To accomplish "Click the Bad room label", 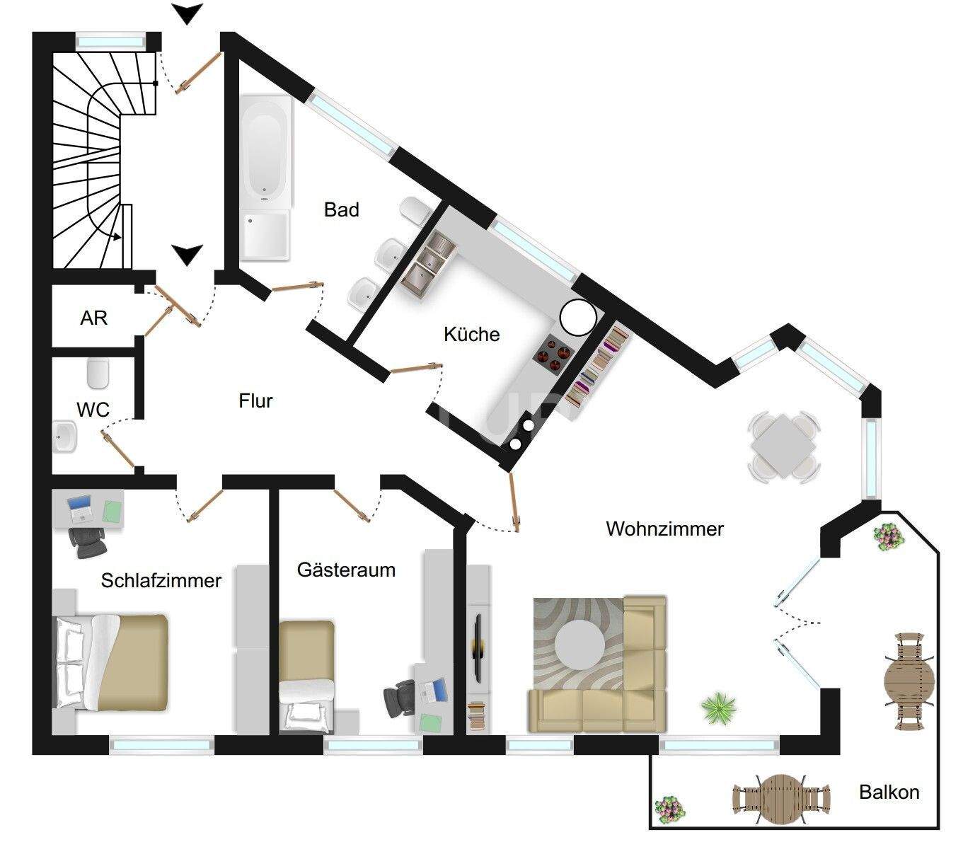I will click(x=342, y=210).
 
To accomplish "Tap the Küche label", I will click(x=471, y=334).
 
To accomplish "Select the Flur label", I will click(x=255, y=401).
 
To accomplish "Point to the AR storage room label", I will click(x=94, y=318).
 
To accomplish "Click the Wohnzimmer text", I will click(x=665, y=529).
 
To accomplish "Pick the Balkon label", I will click(x=889, y=792).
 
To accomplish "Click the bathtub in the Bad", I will click(x=265, y=149).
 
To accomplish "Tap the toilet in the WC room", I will click(x=98, y=373).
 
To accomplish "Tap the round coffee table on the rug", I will click(x=579, y=645).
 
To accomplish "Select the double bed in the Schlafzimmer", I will click(x=113, y=662).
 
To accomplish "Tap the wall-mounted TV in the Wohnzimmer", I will click(x=478, y=648).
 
